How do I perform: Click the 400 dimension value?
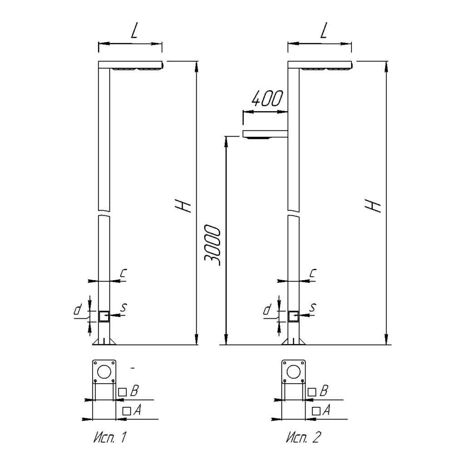pyautogui.click(x=267, y=99)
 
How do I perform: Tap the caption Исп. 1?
pyautogui.click(x=110, y=437)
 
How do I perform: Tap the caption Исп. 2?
pyautogui.click(x=303, y=437)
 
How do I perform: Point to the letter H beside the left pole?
pyautogui.click(x=183, y=206)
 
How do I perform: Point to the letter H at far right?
pyautogui.click(x=373, y=206)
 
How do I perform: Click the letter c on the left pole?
pyautogui.click(x=123, y=273)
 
